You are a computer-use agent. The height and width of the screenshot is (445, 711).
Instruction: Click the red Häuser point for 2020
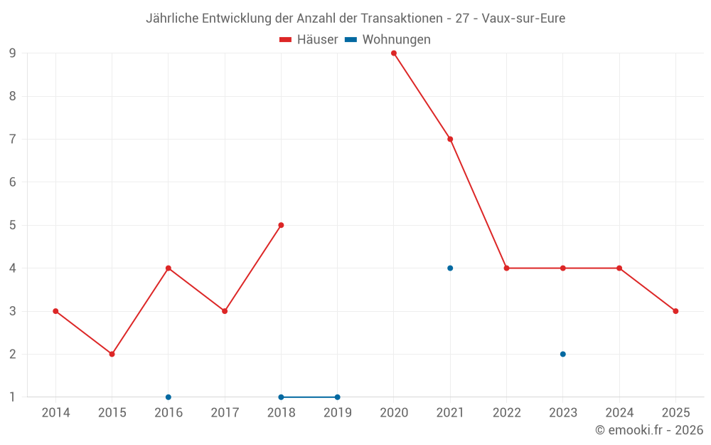point(394,53)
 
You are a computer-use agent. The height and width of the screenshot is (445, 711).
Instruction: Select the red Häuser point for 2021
point(450,139)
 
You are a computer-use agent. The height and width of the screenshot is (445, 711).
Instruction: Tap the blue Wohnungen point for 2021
point(450,268)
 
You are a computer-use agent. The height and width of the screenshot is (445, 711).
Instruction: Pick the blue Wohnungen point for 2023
point(563,354)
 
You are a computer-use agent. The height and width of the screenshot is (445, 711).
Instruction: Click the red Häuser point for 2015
point(112,354)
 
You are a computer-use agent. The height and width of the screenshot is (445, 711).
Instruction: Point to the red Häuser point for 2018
point(281,225)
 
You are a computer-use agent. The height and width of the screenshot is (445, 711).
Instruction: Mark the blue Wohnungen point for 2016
point(169,397)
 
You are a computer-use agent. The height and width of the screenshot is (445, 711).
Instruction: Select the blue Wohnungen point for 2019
point(337,397)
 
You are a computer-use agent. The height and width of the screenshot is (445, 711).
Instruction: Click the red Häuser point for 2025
point(675,311)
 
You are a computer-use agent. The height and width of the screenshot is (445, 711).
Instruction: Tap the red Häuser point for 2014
point(55,311)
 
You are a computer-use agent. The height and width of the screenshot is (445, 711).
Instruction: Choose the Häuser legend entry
point(309,40)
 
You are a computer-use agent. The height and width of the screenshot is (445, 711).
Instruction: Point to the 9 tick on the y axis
point(13,53)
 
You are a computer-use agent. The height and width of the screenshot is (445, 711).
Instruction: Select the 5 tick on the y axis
point(13,225)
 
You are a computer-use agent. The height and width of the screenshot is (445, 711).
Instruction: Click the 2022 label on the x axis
point(506,413)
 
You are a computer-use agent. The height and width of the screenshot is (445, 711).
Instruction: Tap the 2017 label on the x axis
point(225,413)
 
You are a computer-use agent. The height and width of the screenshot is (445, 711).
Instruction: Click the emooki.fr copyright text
point(649,430)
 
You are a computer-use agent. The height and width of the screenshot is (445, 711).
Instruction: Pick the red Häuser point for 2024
point(619,268)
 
